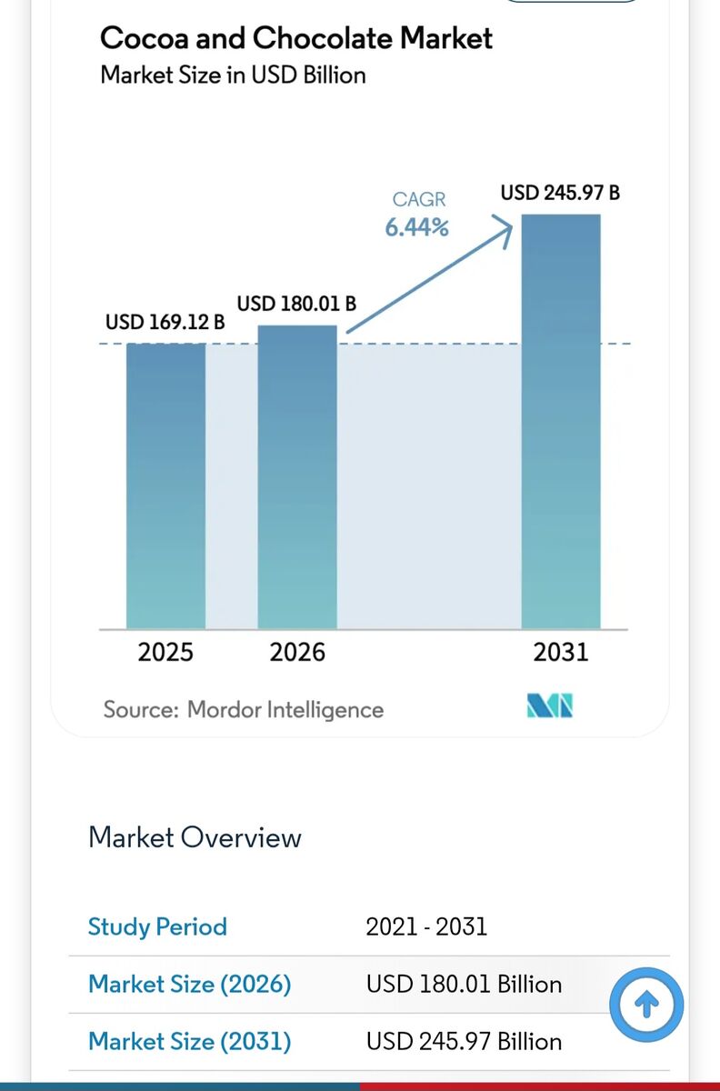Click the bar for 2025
[x=165, y=486]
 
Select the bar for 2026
[x=297, y=477]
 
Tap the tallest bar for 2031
[x=561, y=422]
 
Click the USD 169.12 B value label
[x=165, y=322]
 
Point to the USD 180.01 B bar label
[x=296, y=304]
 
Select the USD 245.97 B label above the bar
[x=560, y=193]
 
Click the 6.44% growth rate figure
[x=416, y=227]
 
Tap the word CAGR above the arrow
[x=419, y=199]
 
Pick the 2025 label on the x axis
[x=165, y=652]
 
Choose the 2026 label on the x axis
[x=297, y=652]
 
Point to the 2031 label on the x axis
[x=561, y=652]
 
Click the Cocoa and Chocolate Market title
[x=296, y=38]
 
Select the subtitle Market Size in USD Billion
[x=233, y=75]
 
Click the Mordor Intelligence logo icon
[x=550, y=706]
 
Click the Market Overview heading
[x=195, y=837]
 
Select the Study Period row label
[x=157, y=926]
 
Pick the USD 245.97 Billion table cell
[x=464, y=1041]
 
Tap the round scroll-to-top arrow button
[x=646, y=1005]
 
